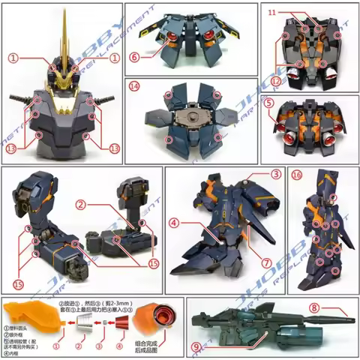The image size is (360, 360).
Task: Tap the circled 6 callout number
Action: pyautogui.click(x=134, y=56)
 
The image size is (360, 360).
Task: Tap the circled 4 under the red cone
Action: pyautogui.click(x=120, y=347)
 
